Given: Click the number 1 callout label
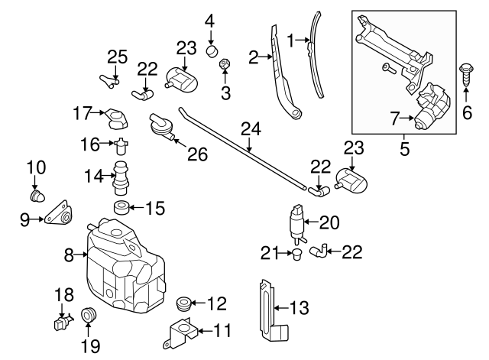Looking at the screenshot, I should (x=290, y=38).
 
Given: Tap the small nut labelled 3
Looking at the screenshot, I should (x=225, y=64).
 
